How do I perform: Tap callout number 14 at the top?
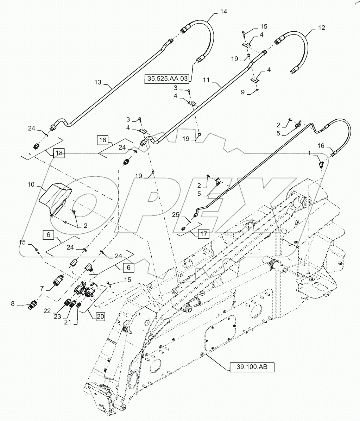pos(223,11)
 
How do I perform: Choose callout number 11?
pos(207,80)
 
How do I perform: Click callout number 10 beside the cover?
pos(30,184)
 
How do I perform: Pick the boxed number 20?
pos(100,316)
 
